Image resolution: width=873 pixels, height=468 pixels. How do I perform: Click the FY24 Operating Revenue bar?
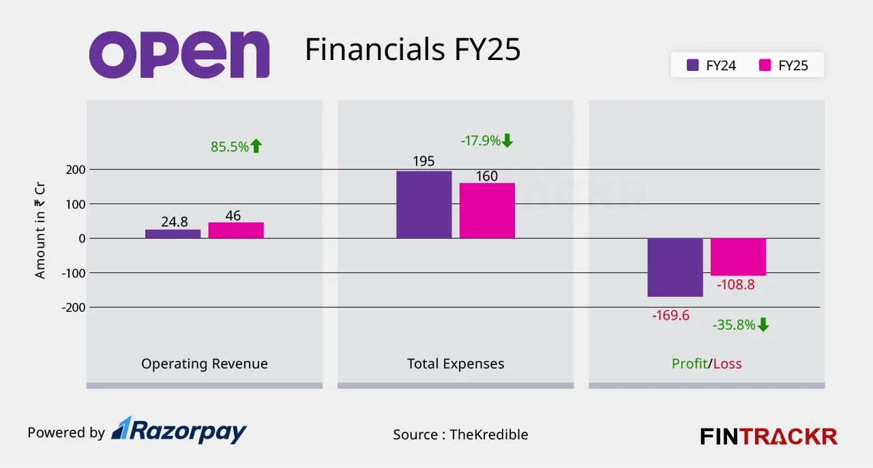pyautogui.click(x=173, y=233)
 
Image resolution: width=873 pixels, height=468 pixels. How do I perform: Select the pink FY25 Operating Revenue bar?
pyautogui.click(x=236, y=230)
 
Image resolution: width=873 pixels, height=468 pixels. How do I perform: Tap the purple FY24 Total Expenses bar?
pyautogui.click(x=424, y=204)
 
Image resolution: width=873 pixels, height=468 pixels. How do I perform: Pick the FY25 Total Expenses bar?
pyautogui.click(x=487, y=210)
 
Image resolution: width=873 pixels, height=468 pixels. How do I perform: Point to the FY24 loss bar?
pyautogui.click(x=675, y=267)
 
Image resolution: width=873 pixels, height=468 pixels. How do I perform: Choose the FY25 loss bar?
pyautogui.click(x=738, y=257)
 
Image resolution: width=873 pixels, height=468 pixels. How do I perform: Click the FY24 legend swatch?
pyautogui.click(x=693, y=65)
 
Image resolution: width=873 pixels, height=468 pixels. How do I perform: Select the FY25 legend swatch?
pyautogui.click(x=765, y=65)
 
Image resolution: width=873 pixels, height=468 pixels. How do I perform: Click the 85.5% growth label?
pyautogui.click(x=236, y=146)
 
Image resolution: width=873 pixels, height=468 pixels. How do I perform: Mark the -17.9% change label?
pyautogui.click(x=486, y=141)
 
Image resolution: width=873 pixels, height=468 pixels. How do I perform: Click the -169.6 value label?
pyautogui.click(x=670, y=316)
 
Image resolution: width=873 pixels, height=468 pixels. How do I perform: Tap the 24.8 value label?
pyautogui.click(x=175, y=221)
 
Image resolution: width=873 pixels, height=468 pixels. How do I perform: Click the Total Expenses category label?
pyautogui.click(x=456, y=364)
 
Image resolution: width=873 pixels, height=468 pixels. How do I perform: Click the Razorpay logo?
pyautogui.click(x=179, y=430)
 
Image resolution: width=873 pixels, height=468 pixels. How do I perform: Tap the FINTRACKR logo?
pyautogui.click(x=769, y=436)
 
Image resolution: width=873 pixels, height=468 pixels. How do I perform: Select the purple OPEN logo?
pyautogui.click(x=179, y=55)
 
